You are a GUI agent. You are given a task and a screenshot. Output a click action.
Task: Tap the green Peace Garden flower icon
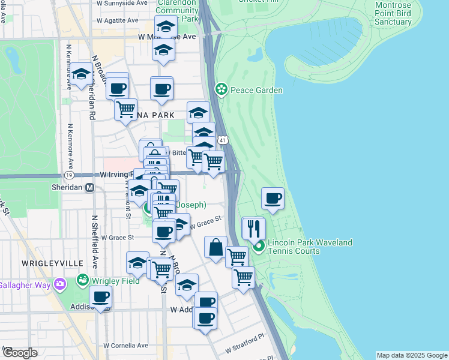221,90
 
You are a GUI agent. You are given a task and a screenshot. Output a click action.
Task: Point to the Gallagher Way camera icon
59,284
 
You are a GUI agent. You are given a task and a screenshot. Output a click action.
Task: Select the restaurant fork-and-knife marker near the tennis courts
254,229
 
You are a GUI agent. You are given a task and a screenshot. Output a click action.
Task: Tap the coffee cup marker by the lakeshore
273,199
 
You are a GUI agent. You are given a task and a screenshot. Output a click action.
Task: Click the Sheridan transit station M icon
90,188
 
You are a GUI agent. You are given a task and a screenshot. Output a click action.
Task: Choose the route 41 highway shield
222,140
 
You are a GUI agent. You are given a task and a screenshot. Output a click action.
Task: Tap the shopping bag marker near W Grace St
215,247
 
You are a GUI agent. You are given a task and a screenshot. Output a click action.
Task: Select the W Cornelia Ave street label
126,346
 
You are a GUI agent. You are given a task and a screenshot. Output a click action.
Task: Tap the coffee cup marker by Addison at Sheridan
100,296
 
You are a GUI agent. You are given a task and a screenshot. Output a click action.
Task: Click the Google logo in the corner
20,353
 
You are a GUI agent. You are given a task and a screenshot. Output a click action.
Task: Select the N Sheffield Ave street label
95,242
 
